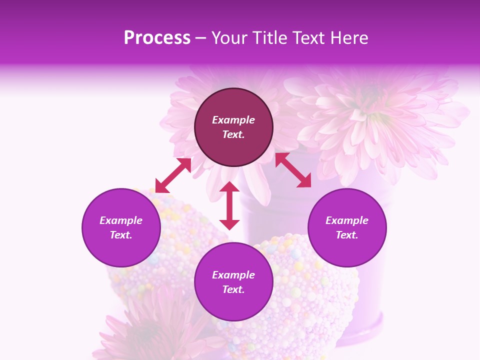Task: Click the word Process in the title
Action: pyautogui.click(x=157, y=38)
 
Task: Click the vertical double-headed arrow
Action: pyautogui.click(x=229, y=205)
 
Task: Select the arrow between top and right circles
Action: pyautogui.click(x=293, y=170)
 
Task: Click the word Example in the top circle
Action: pyautogui.click(x=233, y=120)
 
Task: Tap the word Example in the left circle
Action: pyautogui.click(x=121, y=220)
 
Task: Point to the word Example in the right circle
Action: pyautogui.click(x=347, y=220)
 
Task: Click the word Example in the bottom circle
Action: pyautogui.click(x=233, y=275)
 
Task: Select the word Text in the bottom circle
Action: pyautogui.click(x=233, y=289)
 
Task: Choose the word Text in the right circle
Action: pyautogui.click(x=347, y=235)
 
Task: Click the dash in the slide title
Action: pyautogui.click(x=201, y=38)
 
